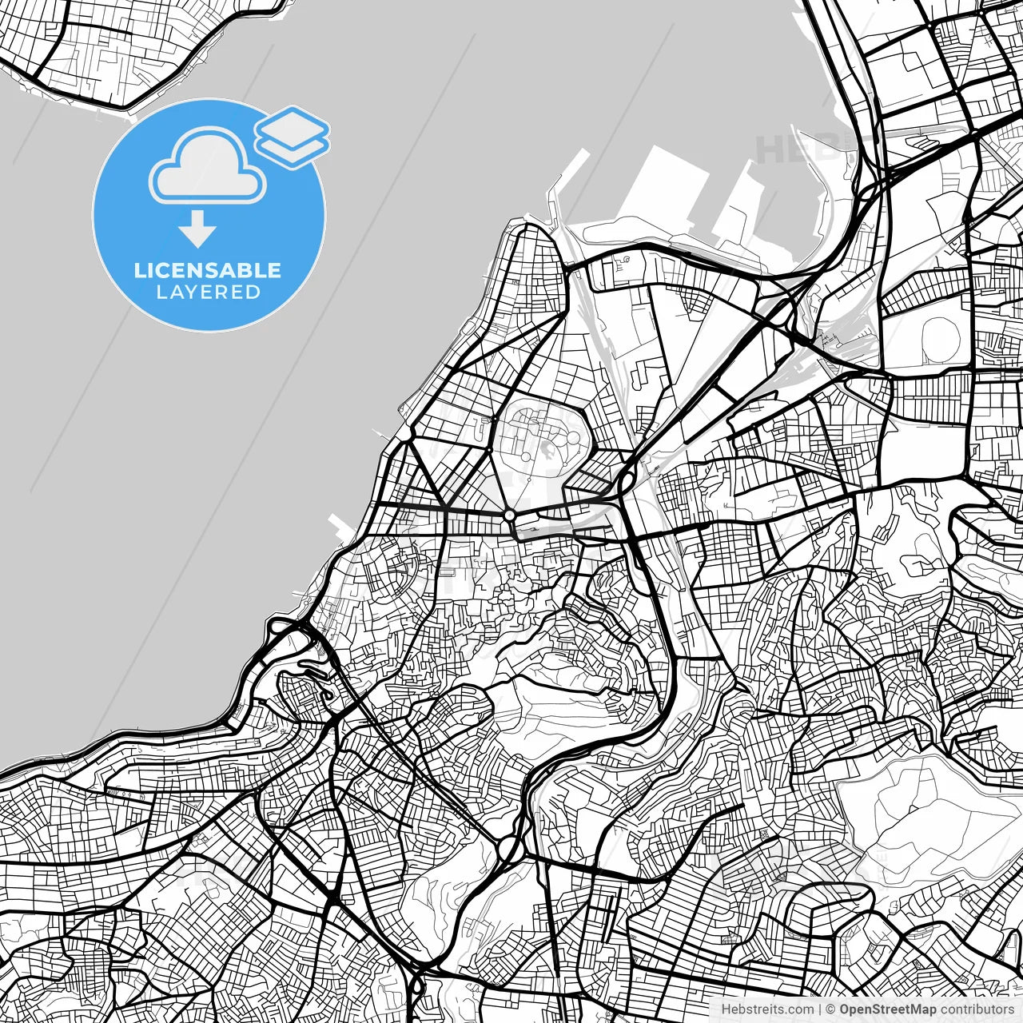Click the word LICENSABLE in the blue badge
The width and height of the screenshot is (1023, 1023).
(208, 270)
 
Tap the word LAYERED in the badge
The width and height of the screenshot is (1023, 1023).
(208, 293)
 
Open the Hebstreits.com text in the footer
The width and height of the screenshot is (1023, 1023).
(767, 1009)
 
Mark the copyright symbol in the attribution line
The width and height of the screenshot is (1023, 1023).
(829, 1009)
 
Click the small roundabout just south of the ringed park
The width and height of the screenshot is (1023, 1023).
(509, 515)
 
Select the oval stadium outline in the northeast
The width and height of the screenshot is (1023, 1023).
(939, 340)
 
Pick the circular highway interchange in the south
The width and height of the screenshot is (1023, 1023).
(509, 846)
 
